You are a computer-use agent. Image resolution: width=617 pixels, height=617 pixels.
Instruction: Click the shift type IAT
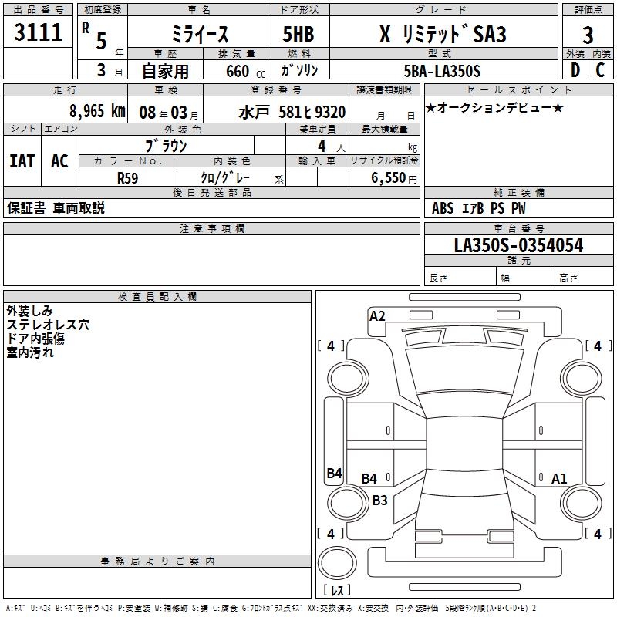point(22,161)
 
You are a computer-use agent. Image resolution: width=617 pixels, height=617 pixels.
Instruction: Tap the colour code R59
point(128,177)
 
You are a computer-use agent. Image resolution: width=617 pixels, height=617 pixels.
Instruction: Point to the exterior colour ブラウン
point(167,145)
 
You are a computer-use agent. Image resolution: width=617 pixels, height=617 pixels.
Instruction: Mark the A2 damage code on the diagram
point(377,315)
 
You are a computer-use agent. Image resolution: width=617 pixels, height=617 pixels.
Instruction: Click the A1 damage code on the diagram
point(559,479)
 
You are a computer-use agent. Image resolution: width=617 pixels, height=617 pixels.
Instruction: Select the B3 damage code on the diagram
point(379,500)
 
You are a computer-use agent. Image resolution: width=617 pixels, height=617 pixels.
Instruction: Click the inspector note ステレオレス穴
point(48,325)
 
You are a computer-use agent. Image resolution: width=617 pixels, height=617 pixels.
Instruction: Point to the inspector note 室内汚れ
point(31,353)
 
